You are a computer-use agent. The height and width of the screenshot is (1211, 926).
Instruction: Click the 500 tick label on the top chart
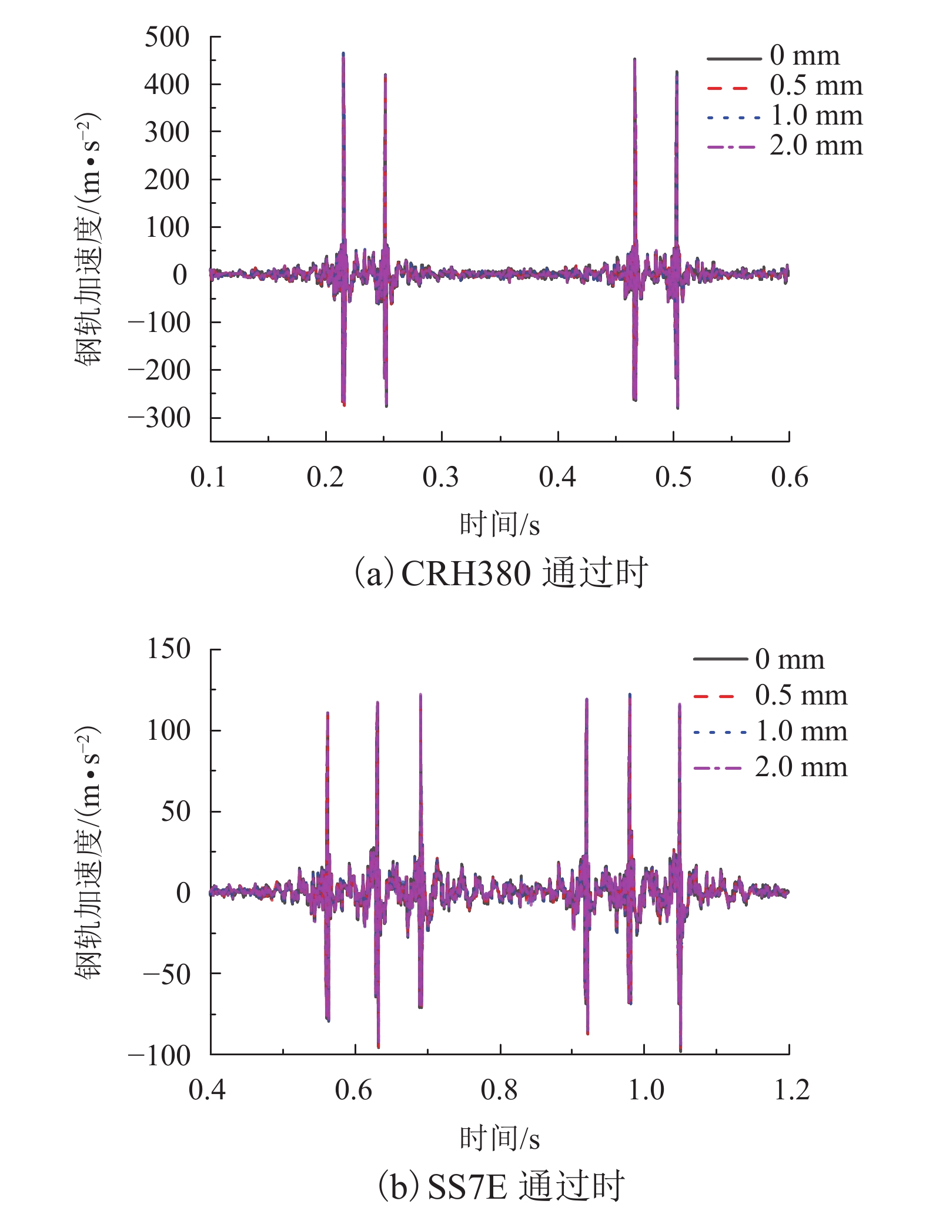(x=167, y=38)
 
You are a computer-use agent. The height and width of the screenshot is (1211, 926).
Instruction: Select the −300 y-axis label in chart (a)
(x=160, y=418)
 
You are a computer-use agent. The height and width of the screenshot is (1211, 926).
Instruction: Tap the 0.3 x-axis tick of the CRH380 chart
(x=441, y=477)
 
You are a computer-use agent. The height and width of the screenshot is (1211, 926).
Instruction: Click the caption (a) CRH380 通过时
(x=500, y=573)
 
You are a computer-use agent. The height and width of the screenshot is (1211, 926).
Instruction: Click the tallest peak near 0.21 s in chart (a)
(x=343, y=54)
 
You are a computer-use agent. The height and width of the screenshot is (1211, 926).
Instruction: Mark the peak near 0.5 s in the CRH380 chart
(x=677, y=73)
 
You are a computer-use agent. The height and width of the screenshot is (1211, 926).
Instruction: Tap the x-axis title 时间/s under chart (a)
(x=499, y=524)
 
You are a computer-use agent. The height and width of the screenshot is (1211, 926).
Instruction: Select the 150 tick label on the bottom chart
(x=169, y=649)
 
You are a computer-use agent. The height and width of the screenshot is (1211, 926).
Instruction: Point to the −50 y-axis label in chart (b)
(x=167, y=974)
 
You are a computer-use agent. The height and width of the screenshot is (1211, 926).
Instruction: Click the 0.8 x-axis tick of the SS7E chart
(x=499, y=1091)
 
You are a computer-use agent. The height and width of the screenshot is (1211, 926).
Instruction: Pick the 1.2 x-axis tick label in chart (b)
(x=791, y=1091)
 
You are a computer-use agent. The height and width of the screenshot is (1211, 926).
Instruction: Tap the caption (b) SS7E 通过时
(x=500, y=1186)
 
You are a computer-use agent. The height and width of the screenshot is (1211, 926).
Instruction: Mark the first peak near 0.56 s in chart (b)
(x=327, y=713)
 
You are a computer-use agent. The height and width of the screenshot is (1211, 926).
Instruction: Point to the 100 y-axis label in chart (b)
(x=169, y=731)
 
